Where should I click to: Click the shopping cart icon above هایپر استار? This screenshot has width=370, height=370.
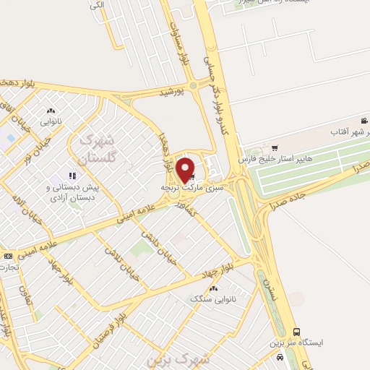(x=274, y=146)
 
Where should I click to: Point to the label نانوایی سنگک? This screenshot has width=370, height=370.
(x=211, y=298)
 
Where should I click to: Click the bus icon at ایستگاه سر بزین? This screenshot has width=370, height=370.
(x=296, y=332)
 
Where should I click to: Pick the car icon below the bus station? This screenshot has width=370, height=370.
(x=279, y=358)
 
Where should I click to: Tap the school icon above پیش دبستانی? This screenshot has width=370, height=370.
(x=72, y=175)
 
